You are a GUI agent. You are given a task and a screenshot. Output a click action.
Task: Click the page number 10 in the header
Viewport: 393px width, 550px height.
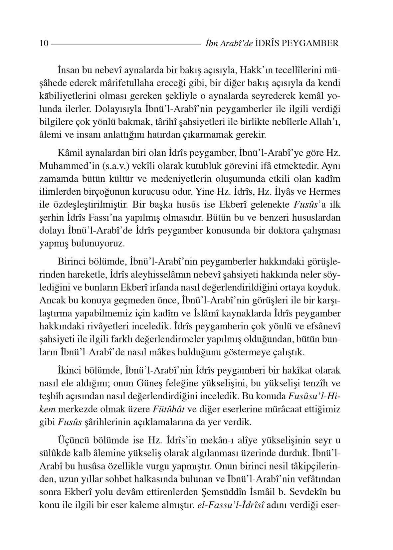click(44, 44)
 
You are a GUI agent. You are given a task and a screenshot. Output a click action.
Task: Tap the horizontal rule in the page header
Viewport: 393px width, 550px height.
click(125, 44)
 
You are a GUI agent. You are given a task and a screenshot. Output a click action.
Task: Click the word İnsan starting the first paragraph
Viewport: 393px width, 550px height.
click(68, 71)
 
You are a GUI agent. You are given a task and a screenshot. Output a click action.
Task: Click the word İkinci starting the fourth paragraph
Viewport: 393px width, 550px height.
click(69, 371)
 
